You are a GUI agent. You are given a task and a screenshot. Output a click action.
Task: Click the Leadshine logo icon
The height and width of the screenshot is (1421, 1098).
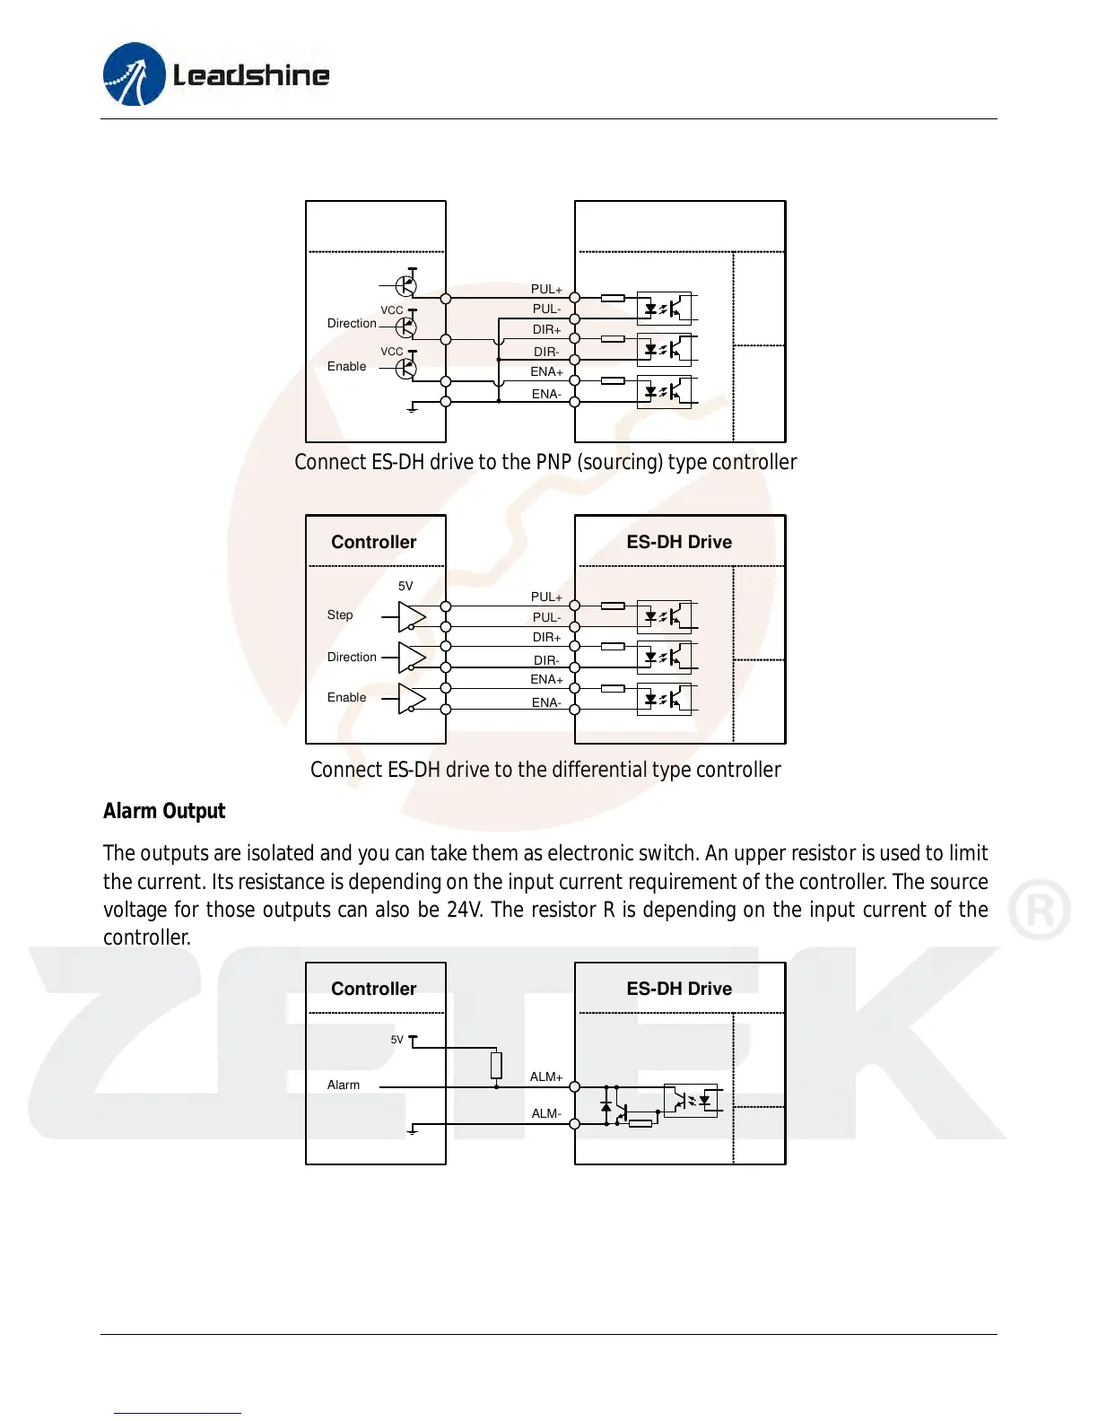135,74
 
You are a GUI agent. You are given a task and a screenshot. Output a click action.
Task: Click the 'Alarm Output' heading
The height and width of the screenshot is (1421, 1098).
164,811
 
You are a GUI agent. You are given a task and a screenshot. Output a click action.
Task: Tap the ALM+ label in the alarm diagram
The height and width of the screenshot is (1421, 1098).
545,1077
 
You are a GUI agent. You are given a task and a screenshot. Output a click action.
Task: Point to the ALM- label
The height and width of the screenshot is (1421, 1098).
545,1113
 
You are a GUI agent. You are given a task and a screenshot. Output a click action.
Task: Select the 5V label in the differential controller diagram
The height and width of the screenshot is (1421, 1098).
405,586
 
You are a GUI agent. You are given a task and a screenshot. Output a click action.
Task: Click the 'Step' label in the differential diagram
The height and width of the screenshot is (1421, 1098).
340,615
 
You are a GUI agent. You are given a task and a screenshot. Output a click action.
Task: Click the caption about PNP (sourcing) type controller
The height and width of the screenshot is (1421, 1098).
545,462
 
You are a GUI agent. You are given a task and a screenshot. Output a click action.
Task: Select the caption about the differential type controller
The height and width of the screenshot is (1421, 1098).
545,770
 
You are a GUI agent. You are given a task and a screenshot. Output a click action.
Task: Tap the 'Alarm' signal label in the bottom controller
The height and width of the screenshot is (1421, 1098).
344,1085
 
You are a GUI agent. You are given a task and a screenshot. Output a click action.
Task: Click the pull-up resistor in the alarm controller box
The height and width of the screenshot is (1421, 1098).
496,1065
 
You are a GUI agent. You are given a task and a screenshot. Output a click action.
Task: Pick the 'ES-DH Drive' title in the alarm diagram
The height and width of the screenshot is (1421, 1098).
679,989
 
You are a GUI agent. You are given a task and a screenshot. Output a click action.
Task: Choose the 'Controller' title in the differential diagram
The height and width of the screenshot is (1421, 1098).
374,542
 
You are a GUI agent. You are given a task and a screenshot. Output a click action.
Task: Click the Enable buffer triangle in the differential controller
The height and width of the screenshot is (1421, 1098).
412,698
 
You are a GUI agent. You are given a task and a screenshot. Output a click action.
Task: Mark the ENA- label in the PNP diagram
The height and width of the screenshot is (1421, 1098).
545,394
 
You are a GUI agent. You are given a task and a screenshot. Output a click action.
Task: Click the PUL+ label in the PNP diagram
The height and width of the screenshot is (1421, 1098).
545,289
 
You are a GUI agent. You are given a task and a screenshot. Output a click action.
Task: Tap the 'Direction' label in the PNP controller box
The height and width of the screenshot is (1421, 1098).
352,323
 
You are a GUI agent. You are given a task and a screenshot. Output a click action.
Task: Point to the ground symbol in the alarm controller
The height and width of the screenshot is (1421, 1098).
413,1129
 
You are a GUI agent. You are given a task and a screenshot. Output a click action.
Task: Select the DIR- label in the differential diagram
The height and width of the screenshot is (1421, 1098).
545,660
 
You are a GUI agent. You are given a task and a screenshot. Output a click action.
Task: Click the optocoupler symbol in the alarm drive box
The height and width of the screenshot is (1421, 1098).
691,1100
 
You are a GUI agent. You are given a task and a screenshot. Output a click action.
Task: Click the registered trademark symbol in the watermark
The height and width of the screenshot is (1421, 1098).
1039,910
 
